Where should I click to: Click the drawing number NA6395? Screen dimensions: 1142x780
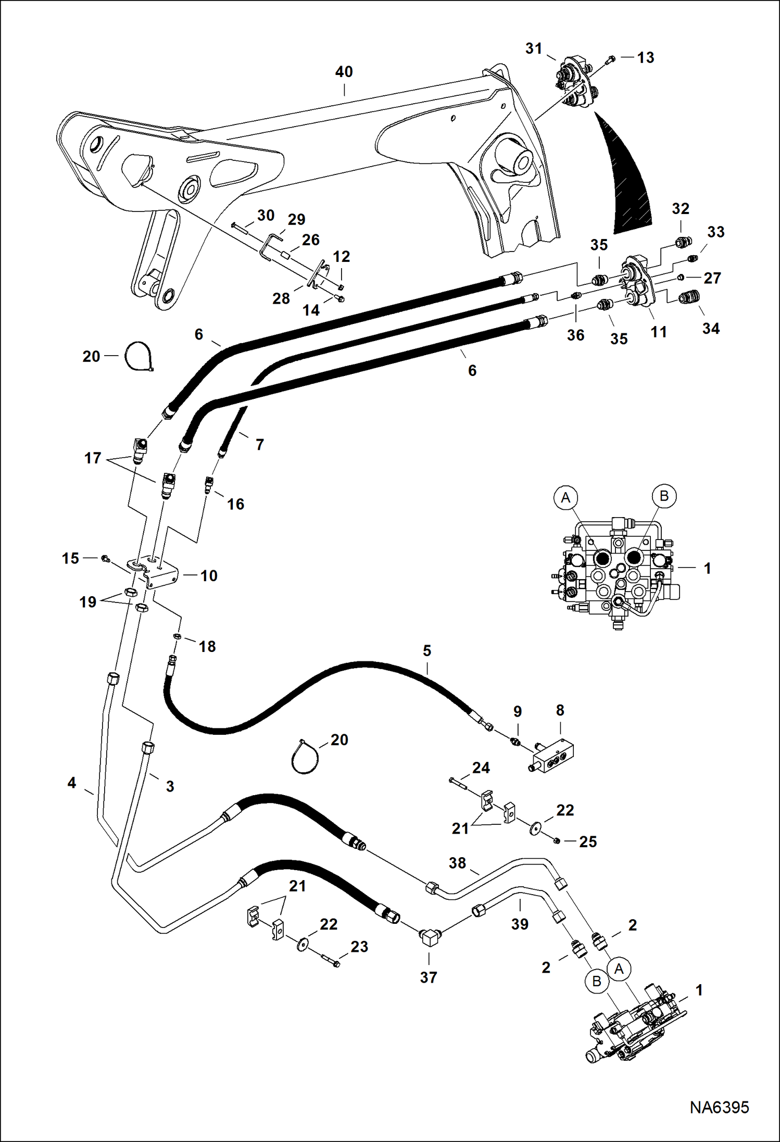(719, 1106)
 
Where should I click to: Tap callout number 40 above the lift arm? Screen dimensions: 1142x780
(344, 72)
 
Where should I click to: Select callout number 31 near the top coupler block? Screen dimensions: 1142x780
(534, 48)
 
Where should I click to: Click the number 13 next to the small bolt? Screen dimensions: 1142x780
(646, 57)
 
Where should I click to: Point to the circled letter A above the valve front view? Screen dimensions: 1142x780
(565, 498)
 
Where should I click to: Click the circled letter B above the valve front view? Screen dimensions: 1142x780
(664, 495)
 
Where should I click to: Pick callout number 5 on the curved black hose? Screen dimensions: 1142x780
(427, 650)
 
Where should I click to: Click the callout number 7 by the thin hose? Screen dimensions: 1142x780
(259, 444)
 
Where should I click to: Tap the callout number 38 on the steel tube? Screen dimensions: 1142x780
(457, 863)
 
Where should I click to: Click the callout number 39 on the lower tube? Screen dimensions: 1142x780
(520, 924)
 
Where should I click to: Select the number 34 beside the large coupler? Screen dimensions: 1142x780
(711, 329)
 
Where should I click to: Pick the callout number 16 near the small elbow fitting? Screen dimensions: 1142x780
(235, 504)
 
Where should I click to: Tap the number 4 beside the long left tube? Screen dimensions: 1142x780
(72, 782)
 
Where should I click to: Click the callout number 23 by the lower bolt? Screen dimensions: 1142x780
(359, 946)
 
